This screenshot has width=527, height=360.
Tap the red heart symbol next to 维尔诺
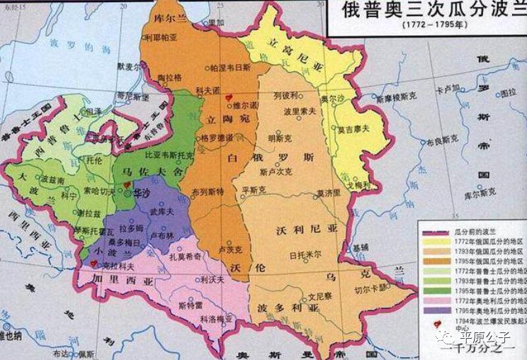point(227,98)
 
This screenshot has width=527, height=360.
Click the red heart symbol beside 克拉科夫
point(93,263)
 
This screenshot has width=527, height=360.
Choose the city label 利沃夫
point(212,279)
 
